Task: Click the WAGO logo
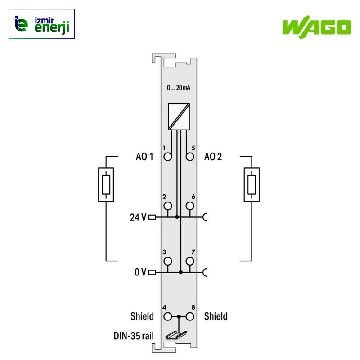pyautogui.click(x=317, y=27)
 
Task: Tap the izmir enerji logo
pyautogui.click(x=41, y=24)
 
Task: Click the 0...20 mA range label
pyautogui.click(x=179, y=88)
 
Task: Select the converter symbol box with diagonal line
pyautogui.click(x=179, y=117)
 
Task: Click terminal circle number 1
pyautogui.click(x=168, y=157)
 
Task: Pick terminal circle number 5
pyautogui.click(x=190, y=157)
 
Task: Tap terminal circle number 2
pyautogui.click(x=168, y=206)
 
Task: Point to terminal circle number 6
pyautogui.click(x=190, y=206)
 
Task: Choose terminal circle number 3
pyautogui.click(x=168, y=261)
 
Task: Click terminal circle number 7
pyautogui.click(x=190, y=261)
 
